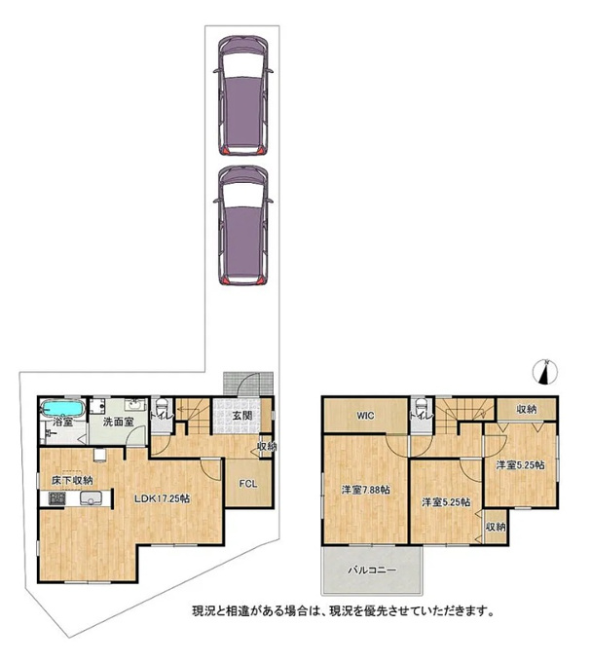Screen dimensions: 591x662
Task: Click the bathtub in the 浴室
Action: (x=63, y=409)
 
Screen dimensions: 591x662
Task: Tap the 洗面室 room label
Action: (x=118, y=422)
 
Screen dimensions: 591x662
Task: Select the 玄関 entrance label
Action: (x=242, y=416)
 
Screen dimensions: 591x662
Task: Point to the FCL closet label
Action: (x=248, y=484)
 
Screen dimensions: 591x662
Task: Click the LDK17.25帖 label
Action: (x=162, y=498)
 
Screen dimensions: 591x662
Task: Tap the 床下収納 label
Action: (x=72, y=481)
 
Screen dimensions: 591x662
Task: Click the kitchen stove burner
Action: (x=57, y=498)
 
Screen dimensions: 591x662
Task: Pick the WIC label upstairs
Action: (x=365, y=416)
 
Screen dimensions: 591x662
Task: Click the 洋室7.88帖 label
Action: (x=365, y=490)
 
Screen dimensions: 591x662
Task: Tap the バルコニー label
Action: (x=372, y=570)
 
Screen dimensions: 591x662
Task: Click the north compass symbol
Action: (x=545, y=372)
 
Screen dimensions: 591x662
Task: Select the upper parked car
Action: (x=242, y=95)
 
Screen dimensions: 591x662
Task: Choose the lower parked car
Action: (x=242, y=226)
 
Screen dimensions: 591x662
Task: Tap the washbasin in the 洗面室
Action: (x=135, y=404)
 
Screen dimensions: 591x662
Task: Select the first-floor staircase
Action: (x=193, y=416)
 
